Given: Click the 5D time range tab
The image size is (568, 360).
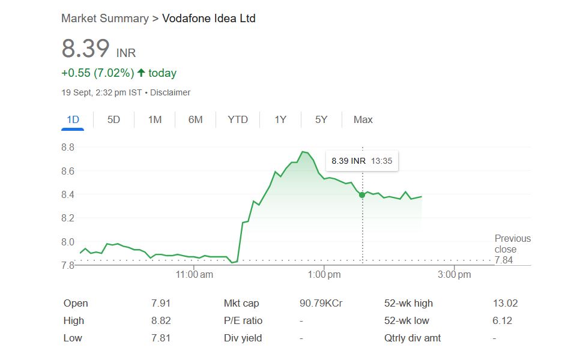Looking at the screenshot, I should tap(113, 119).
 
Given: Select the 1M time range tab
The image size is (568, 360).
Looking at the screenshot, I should tap(155, 119).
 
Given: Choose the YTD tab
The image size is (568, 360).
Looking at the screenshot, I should tap(238, 119).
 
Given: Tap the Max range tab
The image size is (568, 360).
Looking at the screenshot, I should tap(363, 119).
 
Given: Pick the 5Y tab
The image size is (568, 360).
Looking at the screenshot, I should tap(321, 119).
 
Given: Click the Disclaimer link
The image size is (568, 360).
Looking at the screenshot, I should tap(170, 92).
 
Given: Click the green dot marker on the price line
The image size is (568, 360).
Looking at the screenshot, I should tap(362, 195).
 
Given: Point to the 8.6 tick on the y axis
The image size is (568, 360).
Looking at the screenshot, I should tap(68, 171).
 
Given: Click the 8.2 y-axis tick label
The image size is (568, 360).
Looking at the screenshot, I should tap(68, 218).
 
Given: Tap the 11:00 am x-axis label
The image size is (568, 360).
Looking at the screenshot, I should tap(195, 275).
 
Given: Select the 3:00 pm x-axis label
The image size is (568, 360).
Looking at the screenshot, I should tap(455, 275).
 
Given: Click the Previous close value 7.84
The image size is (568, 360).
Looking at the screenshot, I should tap(504, 260).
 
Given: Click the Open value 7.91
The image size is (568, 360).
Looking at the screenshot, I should tap(161, 303).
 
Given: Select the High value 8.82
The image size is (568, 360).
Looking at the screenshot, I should tap(161, 320).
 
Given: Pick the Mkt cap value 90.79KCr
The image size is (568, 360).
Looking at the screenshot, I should tap(321, 303).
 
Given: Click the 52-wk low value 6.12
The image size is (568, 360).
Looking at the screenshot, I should tap(502, 320).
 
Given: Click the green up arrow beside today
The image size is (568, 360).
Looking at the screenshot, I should tap(141, 73).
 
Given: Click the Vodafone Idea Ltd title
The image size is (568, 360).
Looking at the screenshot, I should tap(208, 19).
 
